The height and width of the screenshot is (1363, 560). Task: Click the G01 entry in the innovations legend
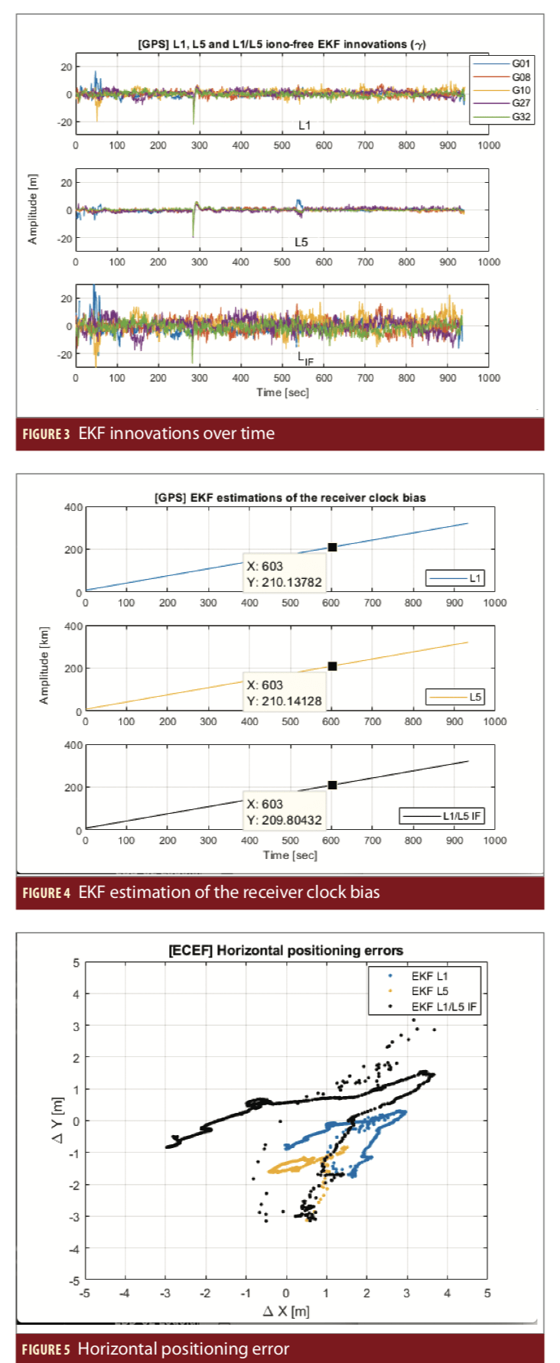point(501,63)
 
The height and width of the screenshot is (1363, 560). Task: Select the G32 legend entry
point(501,117)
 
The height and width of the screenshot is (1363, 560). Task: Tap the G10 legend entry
point(501,90)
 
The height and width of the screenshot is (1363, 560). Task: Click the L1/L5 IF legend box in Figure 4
point(442,816)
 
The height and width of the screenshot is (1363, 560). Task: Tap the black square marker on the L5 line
point(332,666)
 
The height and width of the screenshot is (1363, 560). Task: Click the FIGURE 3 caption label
point(46,434)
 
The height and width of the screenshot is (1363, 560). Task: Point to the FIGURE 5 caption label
point(46,1349)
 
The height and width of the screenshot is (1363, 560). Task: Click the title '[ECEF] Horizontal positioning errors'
point(285,951)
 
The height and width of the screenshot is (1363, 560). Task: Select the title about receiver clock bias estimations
point(290,497)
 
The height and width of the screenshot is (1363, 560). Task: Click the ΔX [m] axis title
point(286,1311)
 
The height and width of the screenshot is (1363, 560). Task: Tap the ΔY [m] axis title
point(58,1121)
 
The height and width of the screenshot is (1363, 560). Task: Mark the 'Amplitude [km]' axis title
point(44,665)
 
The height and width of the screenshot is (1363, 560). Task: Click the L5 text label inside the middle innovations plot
point(301,242)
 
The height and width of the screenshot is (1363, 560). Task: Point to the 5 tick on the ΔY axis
point(76,963)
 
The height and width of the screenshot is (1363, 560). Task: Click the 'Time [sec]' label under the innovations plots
point(282,392)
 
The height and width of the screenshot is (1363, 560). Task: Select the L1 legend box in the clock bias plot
point(454,578)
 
